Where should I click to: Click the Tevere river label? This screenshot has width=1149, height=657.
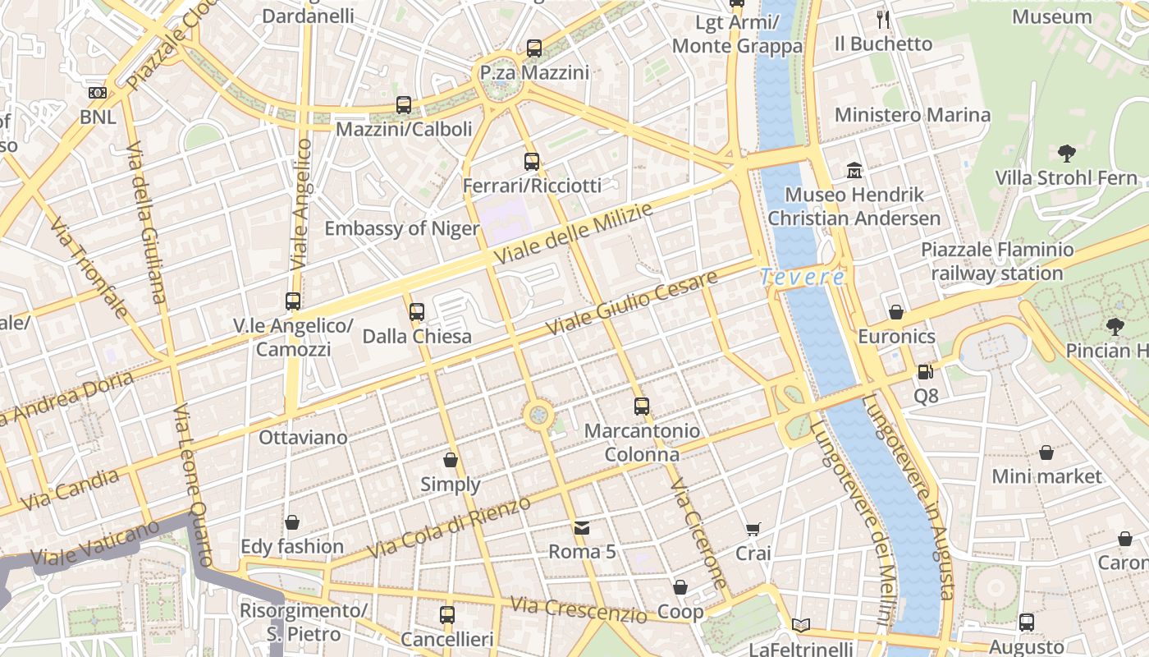[802, 278]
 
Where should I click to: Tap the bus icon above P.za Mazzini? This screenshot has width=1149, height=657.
[534, 48]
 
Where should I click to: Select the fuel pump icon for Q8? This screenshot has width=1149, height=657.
[925, 372]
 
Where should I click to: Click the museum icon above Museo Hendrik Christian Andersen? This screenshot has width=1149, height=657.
[854, 171]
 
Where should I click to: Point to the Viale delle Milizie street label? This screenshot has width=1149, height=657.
[574, 234]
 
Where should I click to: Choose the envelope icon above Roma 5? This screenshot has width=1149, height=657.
[582, 527]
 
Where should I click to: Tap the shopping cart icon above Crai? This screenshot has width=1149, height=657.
[753, 530]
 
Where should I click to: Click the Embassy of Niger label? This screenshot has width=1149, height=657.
[402, 228]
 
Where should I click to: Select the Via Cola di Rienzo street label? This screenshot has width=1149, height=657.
[449, 527]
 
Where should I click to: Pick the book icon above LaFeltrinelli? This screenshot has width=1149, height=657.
[801, 625]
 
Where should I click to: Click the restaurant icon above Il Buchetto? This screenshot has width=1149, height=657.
[883, 20]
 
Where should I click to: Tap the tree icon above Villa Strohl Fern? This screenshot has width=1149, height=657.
[1066, 153]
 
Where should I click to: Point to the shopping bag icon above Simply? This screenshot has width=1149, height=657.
[450, 460]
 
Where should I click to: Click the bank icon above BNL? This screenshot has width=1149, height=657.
[98, 93]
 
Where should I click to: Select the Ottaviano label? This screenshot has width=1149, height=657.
[303, 437]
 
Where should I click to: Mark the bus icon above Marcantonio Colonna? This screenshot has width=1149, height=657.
[642, 406]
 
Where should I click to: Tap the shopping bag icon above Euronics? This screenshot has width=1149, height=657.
[896, 312]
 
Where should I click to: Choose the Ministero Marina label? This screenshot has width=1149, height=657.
[913, 115]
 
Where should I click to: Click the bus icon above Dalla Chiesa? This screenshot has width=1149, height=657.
[417, 312]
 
